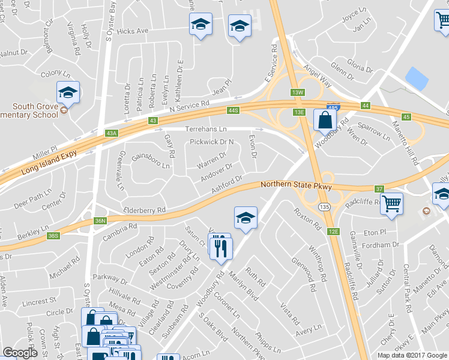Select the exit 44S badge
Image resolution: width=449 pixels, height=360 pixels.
234,110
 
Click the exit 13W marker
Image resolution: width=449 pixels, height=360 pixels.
298,92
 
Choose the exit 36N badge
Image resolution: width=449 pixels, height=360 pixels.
100,220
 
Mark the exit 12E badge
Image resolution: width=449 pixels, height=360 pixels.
334,231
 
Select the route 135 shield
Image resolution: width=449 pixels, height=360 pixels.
324,206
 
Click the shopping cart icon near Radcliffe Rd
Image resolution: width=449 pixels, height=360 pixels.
391,204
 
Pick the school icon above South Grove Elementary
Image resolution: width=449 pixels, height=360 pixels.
68,92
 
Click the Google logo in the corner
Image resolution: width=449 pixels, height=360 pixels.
20,352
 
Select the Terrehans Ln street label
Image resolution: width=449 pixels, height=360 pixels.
206,129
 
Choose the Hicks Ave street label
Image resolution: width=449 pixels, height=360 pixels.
133,31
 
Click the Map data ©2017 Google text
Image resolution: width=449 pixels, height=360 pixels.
412,355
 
